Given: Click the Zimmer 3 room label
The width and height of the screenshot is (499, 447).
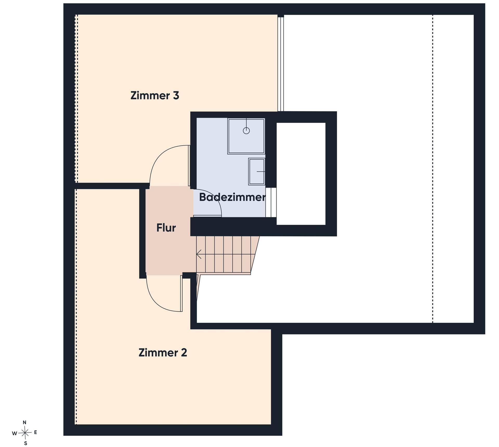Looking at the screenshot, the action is tap(155, 95).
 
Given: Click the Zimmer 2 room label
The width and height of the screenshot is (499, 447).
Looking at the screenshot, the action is tap(163, 353).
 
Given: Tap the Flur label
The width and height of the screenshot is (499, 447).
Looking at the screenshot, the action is tap(166, 228).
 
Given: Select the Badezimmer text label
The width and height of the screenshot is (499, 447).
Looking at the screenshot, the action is tap(232, 197).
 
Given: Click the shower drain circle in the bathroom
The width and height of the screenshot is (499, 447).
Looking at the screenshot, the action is tap(246, 131).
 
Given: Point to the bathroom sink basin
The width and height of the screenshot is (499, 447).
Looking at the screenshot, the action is tap(257, 172).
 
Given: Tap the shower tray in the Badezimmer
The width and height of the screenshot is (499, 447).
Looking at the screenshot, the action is tap(246, 136).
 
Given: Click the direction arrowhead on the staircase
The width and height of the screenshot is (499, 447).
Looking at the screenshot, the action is tap(199, 254).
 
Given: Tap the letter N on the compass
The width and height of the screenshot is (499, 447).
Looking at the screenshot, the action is tap(24, 422).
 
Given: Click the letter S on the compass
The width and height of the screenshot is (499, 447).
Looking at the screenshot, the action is tap(25, 443).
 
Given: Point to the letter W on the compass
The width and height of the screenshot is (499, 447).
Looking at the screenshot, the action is tap(15, 433).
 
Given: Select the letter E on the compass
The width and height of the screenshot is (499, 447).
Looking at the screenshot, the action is tap(36, 432).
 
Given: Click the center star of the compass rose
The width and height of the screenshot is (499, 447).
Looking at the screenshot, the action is tap(25, 433).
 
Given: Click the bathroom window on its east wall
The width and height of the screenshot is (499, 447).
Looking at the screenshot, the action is tap(271, 202).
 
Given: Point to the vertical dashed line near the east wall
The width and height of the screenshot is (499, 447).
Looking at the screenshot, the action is tap(433, 169).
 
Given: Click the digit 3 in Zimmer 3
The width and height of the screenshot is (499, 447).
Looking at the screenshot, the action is tap(176, 96).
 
